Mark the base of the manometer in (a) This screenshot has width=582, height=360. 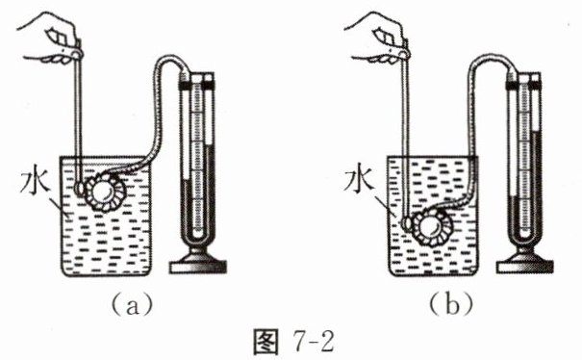[x=198, y=262]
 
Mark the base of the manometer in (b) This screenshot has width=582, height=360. [x=525, y=262]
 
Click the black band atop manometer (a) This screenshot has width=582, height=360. [x=196, y=85]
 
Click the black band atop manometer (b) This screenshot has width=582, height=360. [x=523, y=85]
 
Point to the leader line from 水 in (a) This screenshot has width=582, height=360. [x=59, y=204]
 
